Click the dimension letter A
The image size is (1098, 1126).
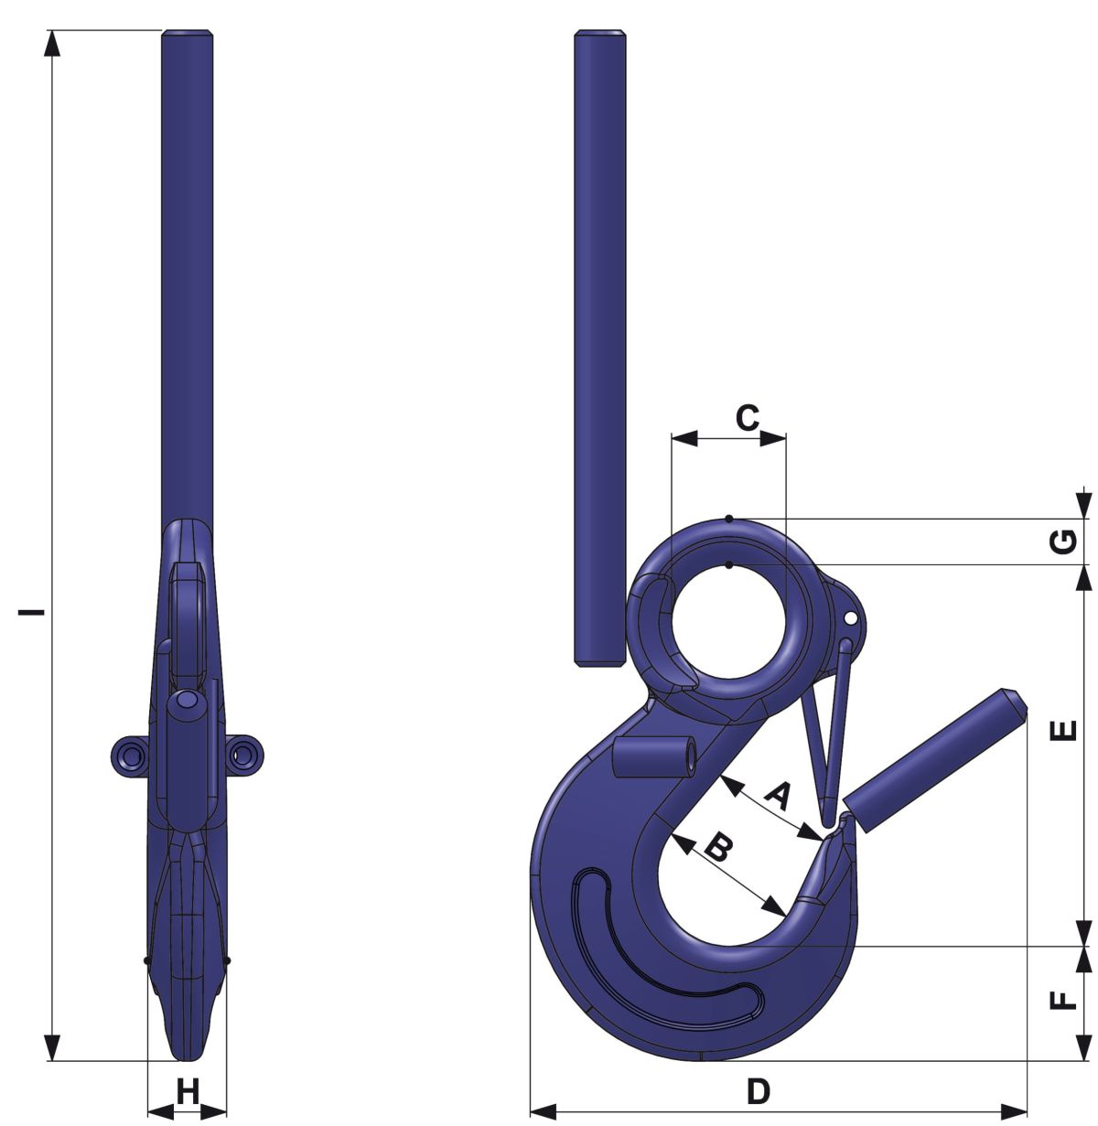point(778,797)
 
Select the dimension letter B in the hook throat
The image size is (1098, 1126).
point(719,847)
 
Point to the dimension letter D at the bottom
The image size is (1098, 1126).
point(759,1092)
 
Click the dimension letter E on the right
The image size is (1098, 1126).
point(1063,730)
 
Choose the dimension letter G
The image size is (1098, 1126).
point(1063,542)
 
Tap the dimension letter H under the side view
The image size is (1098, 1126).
point(188,1092)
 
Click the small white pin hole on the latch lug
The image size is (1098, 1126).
point(850,618)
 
